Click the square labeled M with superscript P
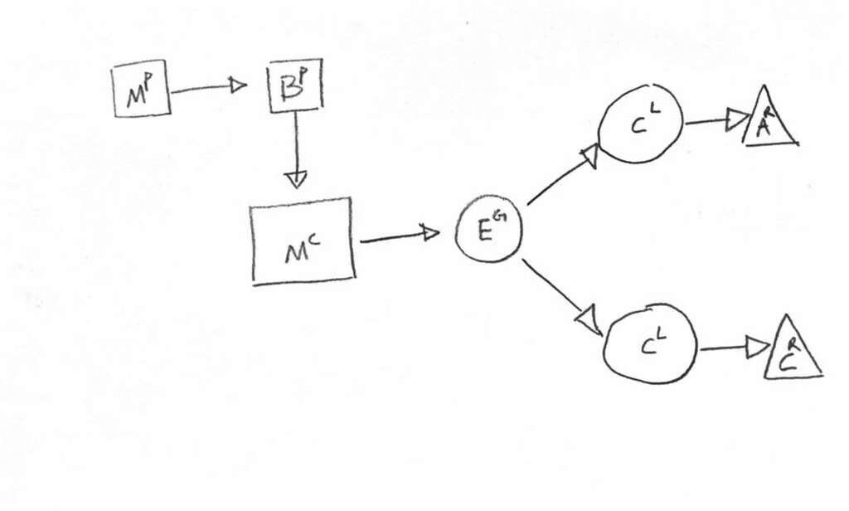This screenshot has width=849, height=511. click(x=141, y=90)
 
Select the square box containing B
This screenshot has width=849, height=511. click(x=295, y=85)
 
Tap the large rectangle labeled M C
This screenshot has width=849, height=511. click(x=303, y=241)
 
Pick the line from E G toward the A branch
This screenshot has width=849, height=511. click(x=562, y=176)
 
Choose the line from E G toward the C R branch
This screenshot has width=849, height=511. click(x=561, y=294)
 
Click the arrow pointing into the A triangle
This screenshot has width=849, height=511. click(x=717, y=121)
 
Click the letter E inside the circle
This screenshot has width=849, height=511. click(x=483, y=233)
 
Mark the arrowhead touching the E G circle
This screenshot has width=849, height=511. click(x=430, y=233)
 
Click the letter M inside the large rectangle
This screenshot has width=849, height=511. click(x=296, y=252)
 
